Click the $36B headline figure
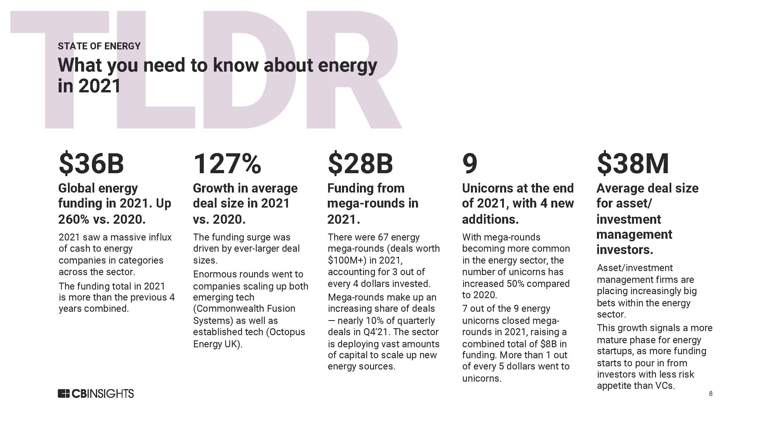pyautogui.click(x=91, y=163)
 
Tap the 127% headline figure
pyautogui.click(x=227, y=163)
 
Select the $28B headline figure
pyautogui.click(x=360, y=163)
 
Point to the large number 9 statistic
pyautogui.click(x=469, y=163)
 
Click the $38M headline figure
pyautogui.click(x=633, y=163)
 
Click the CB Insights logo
pyautogui.click(x=96, y=393)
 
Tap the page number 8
pyautogui.click(x=711, y=394)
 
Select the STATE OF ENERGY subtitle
pyautogui.click(x=99, y=46)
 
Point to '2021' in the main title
pyautogui.click(x=99, y=86)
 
